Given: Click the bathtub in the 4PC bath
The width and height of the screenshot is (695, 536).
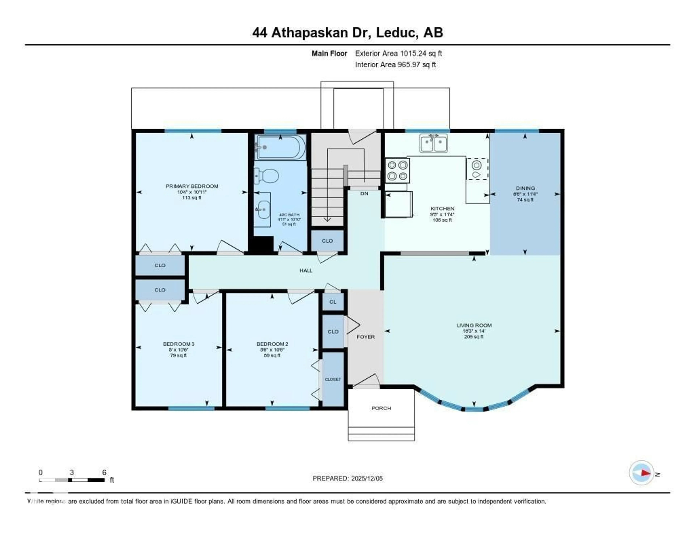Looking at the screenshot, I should click(281, 147).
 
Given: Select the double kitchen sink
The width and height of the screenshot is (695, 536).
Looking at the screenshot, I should click(433, 143).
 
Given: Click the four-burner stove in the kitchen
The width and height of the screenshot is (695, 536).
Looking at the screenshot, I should click(397, 171).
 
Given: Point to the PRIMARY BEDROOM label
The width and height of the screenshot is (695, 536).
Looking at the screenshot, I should click(192, 186).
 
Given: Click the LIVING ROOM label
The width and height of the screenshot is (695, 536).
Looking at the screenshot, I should click(474, 325).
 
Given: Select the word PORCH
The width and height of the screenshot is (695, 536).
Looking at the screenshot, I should click(381, 408).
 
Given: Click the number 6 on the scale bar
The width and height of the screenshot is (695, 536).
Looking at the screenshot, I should click(104, 472).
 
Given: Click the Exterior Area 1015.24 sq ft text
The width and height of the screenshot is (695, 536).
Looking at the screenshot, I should click(398, 53).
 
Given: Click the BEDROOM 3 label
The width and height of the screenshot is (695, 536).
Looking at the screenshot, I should click(178, 344).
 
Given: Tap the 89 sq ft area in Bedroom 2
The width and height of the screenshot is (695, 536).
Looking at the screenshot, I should click(272, 355).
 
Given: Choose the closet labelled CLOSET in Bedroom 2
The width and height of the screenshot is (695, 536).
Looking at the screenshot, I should click(333, 379).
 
